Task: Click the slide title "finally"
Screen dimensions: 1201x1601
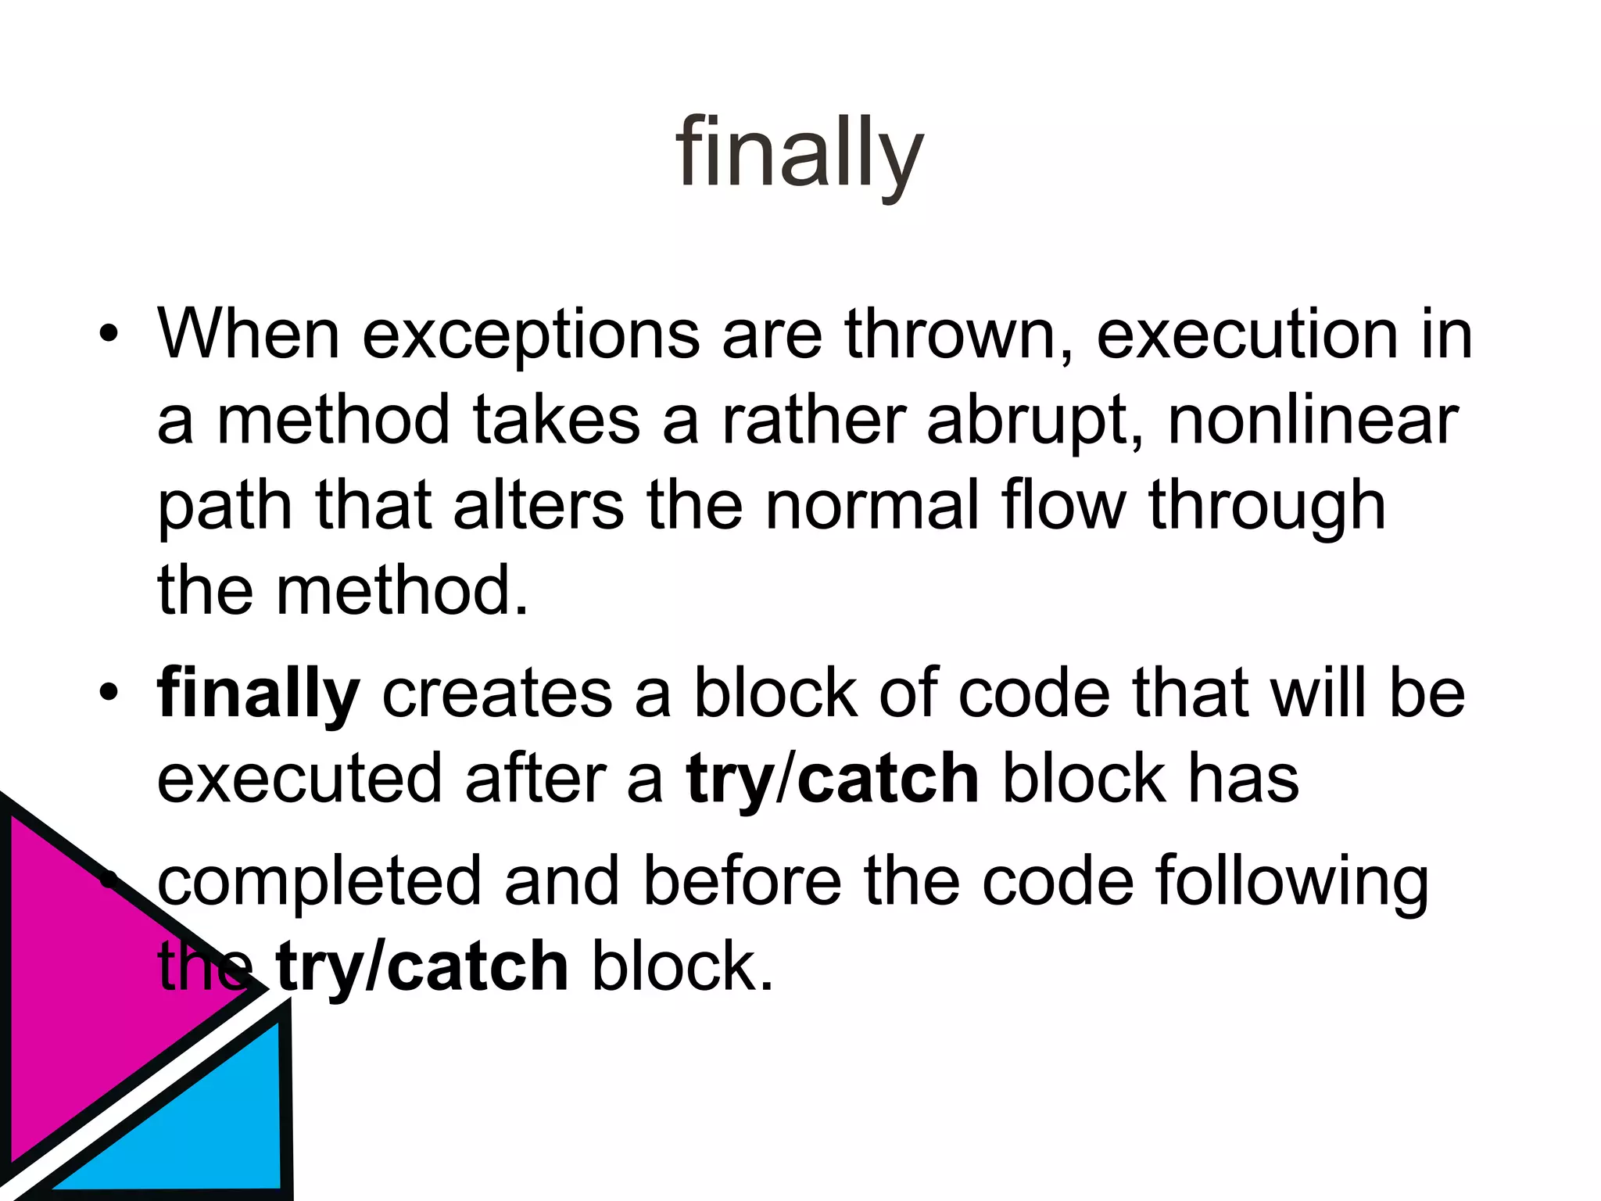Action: (799, 152)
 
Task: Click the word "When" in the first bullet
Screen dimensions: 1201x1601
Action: (249, 335)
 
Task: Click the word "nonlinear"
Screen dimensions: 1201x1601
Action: (1313, 420)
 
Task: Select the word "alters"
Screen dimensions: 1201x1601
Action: (539, 506)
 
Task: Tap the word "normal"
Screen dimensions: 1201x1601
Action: (871, 506)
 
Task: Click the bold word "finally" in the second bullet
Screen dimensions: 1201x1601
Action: (258, 695)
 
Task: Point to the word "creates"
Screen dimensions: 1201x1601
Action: (497, 694)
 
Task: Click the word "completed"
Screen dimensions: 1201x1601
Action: (320, 883)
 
